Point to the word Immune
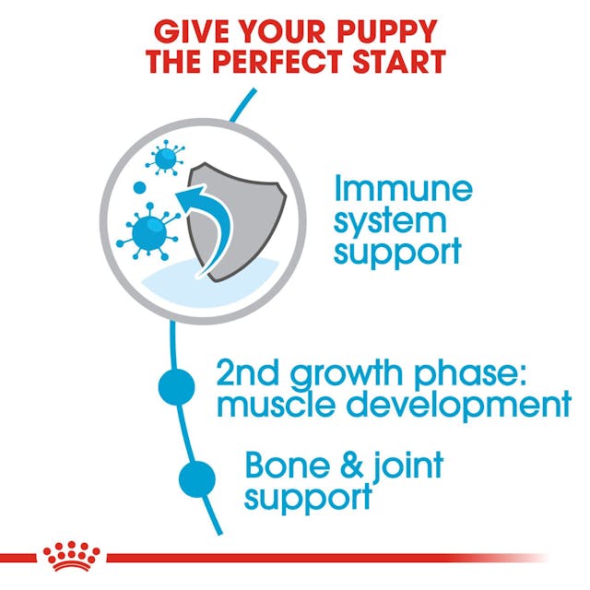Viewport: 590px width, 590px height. [403, 189]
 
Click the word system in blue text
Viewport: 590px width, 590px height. [390, 220]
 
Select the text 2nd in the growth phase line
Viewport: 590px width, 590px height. [248, 374]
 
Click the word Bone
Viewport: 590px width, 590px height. [283, 466]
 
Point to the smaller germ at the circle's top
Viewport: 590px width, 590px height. [166, 159]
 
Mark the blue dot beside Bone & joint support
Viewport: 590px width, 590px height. [197, 478]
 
